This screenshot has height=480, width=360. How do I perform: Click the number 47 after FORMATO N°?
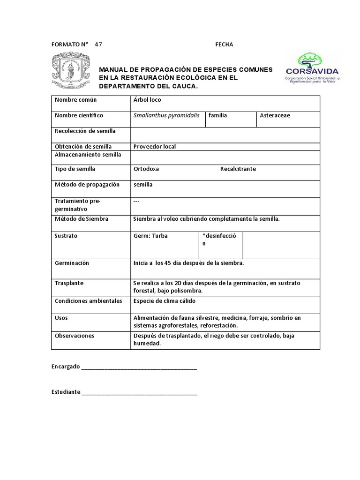click(98, 45)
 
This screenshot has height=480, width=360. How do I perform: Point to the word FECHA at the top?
click(224, 45)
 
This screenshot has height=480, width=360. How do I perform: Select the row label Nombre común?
click(75, 100)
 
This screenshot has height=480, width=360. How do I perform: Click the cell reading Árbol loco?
click(147, 100)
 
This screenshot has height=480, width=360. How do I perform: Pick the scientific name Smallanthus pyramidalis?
click(166, 115)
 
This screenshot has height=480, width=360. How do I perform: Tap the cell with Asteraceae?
click(276, 115)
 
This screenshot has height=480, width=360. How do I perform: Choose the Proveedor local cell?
click(154, 146)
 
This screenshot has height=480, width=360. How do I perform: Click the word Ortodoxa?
click(146, 169)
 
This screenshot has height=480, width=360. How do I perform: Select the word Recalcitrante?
click(238, 169)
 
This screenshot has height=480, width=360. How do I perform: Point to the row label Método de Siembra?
click(81, 218)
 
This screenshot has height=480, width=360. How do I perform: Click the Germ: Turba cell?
click(150, 236)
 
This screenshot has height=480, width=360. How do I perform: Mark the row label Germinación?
click(72, 263)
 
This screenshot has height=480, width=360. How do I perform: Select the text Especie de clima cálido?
click(164, 300)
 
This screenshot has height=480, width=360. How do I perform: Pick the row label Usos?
click(61, 318)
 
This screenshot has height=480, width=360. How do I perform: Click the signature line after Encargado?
click(139, 367)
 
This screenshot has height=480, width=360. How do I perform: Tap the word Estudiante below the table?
click(65, 392)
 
